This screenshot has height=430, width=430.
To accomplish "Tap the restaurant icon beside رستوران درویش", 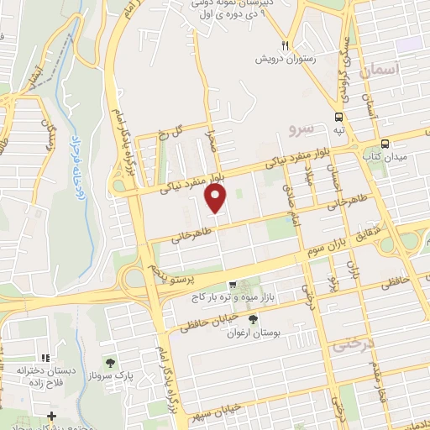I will pos(286,45).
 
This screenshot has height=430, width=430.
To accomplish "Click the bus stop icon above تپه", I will pos(338,118).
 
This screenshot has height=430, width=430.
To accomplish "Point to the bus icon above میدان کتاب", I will pos(385,144).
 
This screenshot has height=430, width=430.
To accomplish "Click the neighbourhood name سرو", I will pos(301,128).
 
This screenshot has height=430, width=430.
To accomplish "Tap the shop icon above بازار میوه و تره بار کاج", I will pos(233,285).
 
